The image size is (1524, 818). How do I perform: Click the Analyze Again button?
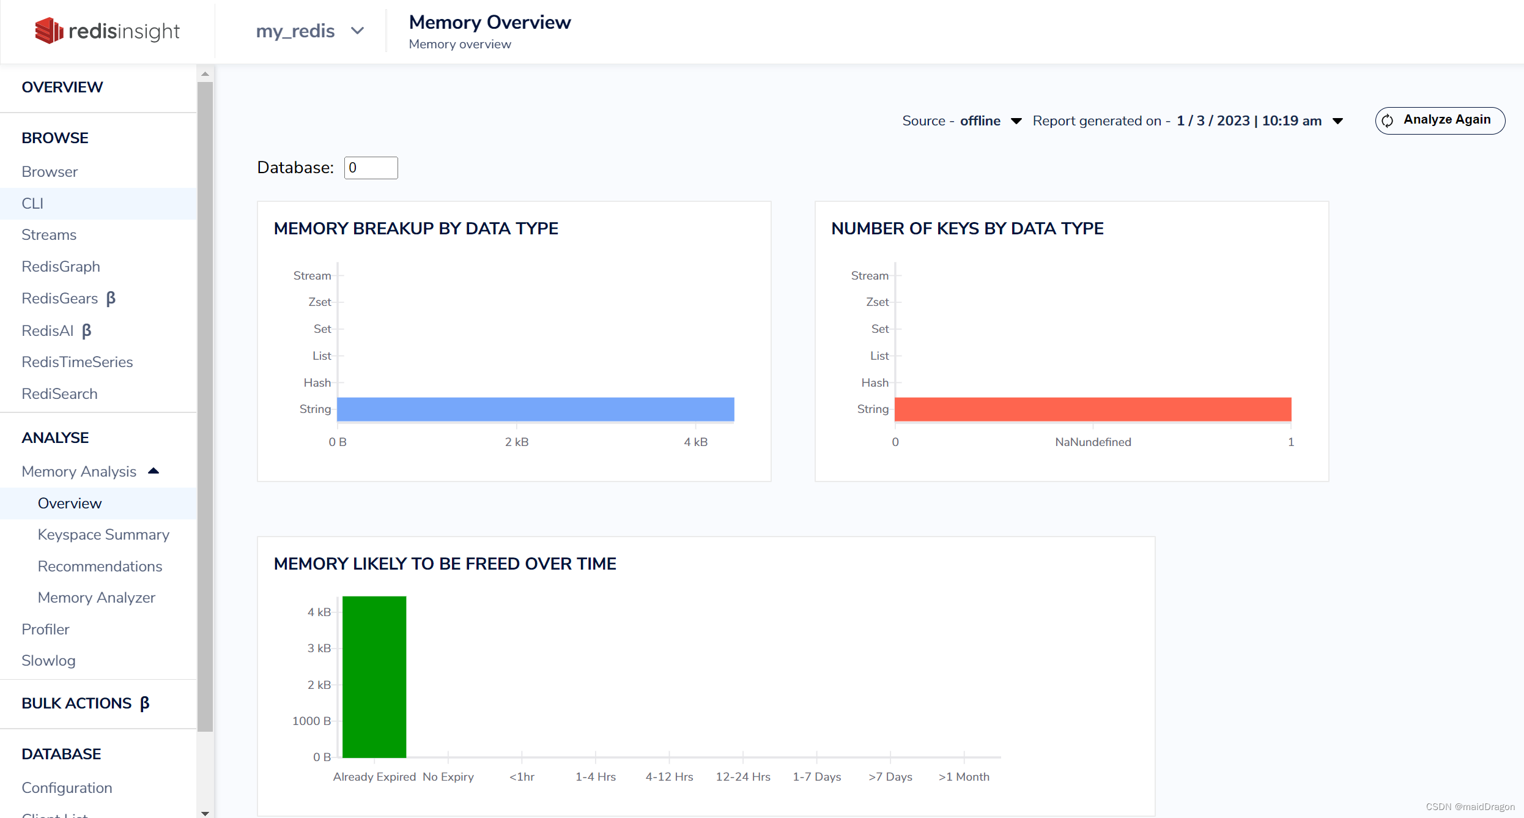click(1440, 120)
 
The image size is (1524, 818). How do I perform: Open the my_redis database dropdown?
click(309, 31)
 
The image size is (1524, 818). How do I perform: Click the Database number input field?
click(371, 168)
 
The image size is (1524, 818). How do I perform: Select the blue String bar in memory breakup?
click(535, 409)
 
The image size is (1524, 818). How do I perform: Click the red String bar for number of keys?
click(1092, 409)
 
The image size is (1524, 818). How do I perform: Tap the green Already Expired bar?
click(374, 676)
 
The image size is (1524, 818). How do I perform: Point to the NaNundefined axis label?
click(1093, 442)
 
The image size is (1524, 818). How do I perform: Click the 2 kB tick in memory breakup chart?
click(517, 442)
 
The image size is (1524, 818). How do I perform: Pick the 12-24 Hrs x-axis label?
click(743, 776)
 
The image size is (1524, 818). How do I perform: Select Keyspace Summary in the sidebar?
click(103, 535)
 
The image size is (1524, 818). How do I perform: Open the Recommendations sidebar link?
click(100, 567)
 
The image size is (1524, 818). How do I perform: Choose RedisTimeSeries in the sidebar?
click(77, 362)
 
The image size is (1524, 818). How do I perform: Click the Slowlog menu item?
click(48, 661)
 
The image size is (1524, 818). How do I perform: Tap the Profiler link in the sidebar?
click(45, 630)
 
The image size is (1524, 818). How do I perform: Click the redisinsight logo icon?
click(49, 31)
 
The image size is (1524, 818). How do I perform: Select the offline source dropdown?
click(991, 121)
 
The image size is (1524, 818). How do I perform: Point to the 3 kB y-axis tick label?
click(319, 648)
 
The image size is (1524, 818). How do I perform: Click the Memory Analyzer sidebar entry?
click(97, 598)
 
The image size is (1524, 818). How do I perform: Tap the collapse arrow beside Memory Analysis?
click(154, 471)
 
